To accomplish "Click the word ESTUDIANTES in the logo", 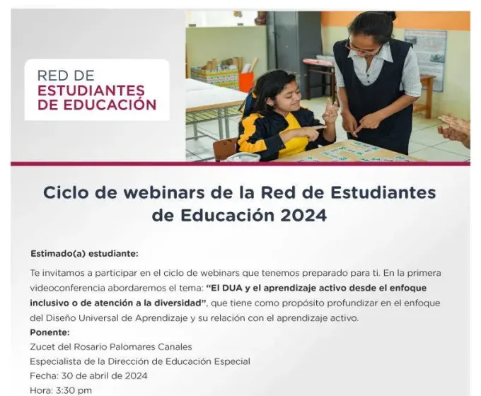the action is [91, 91].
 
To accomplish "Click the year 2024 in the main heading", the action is [303, 216].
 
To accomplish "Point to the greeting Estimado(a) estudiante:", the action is [84, 254].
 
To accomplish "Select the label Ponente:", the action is [50, 332].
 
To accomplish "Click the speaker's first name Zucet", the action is [40, 347].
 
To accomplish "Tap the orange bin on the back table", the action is [247, 81].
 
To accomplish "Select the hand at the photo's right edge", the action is [455, 129].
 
